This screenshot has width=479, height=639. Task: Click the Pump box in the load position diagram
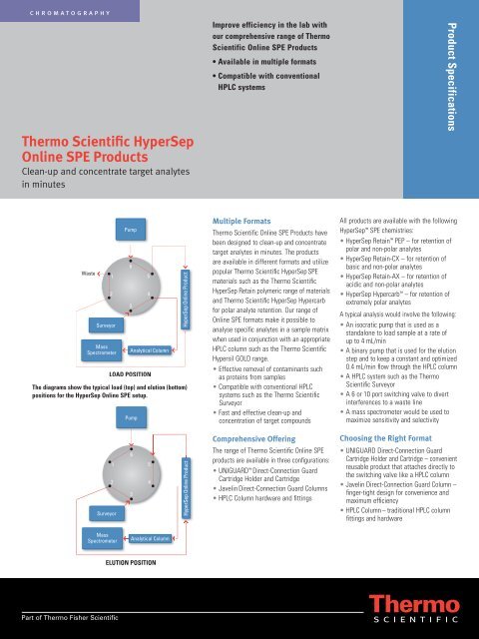pyautogui.click(x=131, y=231)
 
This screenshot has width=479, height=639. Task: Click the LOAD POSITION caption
pyautogui.click(x=131, y=372)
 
